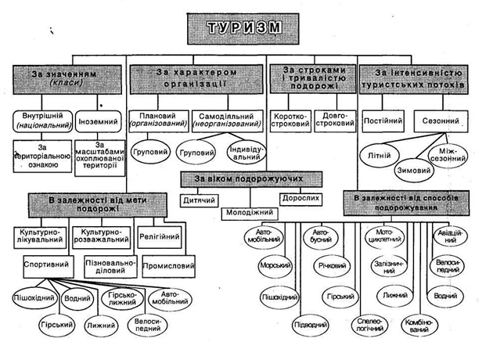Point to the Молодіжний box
click(250, 211)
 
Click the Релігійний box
click(160, 236)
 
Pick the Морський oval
click(275, 267)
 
